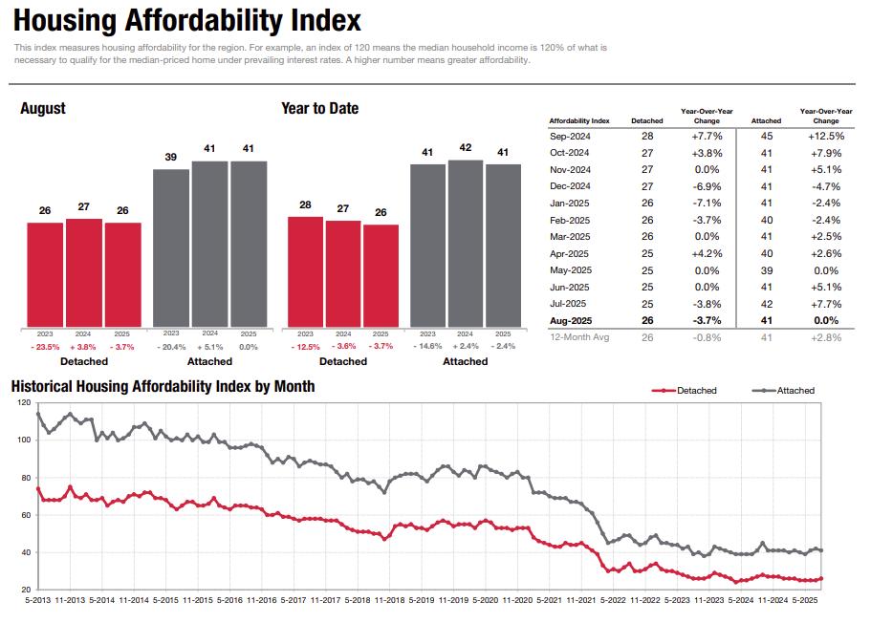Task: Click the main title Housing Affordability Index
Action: [188, 20]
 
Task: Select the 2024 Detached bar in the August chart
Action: [83, 272]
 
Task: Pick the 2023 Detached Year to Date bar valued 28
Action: [305, 271]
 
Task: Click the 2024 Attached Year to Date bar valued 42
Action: [466, 243]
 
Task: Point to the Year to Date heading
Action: [319, 109]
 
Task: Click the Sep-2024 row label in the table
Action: [570, 137]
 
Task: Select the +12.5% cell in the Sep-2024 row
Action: [825, 137]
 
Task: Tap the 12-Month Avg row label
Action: [578, 337]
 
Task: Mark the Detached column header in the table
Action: [647, 121]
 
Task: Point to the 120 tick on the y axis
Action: [24, 403]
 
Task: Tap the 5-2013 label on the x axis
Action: [37, 600]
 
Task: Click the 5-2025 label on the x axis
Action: [807, 600]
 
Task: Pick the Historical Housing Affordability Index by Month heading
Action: [163, 387]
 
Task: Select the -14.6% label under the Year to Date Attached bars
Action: [427, 346]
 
